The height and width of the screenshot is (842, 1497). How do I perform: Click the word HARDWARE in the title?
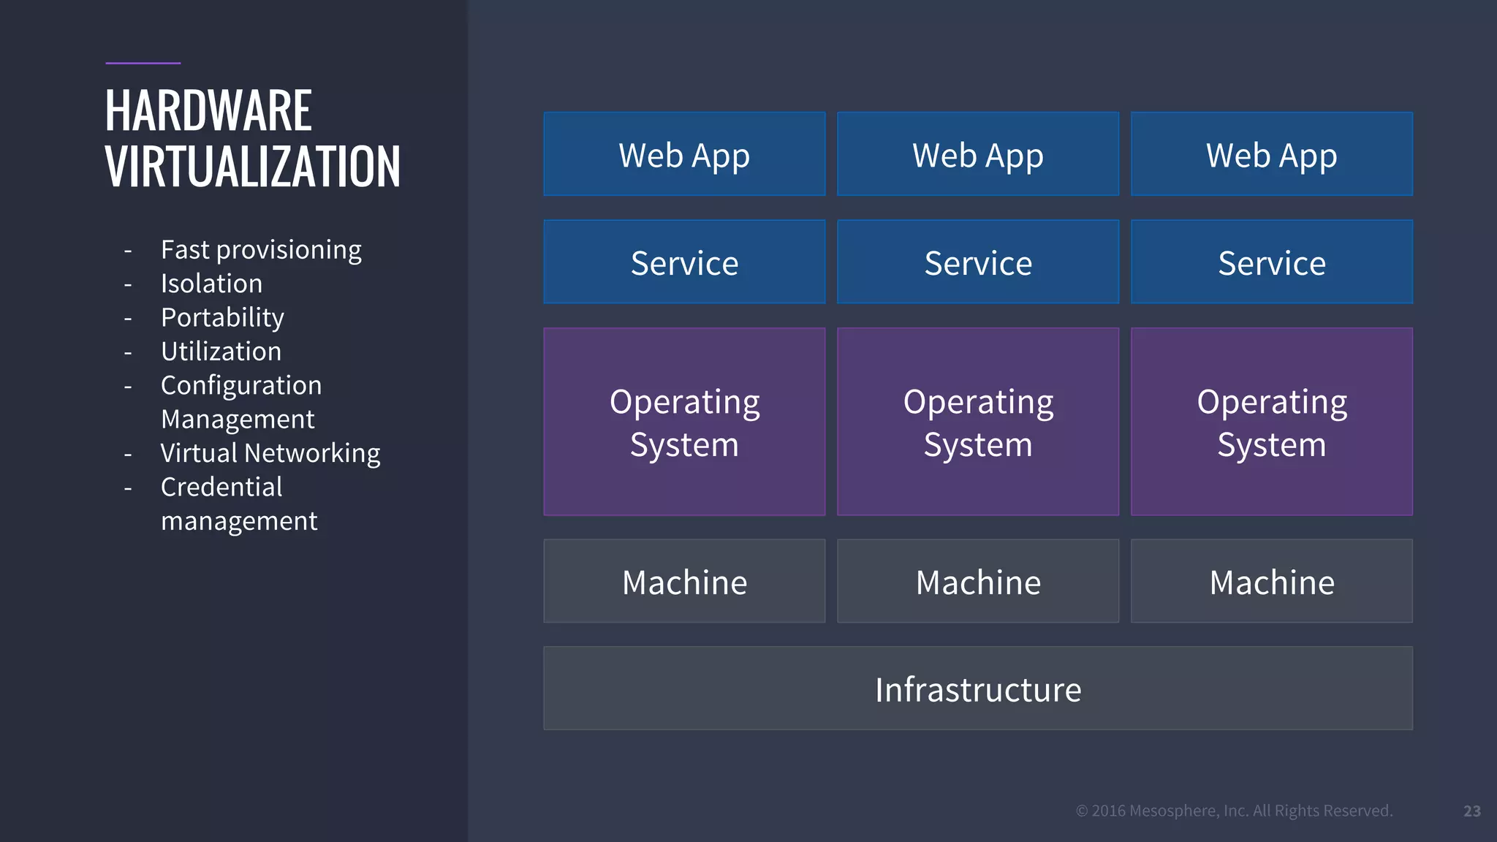(208, 111)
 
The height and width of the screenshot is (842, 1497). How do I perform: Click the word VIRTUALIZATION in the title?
(252, 167)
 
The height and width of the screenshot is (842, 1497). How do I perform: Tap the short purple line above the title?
(143, 64)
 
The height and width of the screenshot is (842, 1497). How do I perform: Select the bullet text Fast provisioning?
(261, 250)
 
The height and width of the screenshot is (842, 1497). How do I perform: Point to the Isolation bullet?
(211, 284)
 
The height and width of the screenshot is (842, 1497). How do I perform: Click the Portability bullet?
(222, 317)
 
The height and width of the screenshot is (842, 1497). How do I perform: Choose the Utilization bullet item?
(221, 352)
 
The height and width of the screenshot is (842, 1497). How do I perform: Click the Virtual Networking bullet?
(270, 453)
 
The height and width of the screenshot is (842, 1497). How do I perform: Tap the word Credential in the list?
(221, 487)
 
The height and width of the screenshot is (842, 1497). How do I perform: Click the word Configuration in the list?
(241, 385)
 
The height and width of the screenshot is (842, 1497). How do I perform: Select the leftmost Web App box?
(684, 154)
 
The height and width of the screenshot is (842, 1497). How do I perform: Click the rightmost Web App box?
(1271, 154)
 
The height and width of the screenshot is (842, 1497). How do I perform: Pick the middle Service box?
(978, 262)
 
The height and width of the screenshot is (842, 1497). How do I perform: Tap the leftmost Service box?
(684, 262)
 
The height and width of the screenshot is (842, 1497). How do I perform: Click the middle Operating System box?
(978, 422)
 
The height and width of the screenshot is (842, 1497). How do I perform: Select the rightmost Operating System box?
(1271, 422)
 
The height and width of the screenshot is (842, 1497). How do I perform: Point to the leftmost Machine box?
(684, 582)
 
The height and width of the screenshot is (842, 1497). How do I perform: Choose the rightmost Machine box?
(1271, 582)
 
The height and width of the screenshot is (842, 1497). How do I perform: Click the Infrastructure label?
(978, 689)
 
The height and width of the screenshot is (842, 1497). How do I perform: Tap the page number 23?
(1471, 811)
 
